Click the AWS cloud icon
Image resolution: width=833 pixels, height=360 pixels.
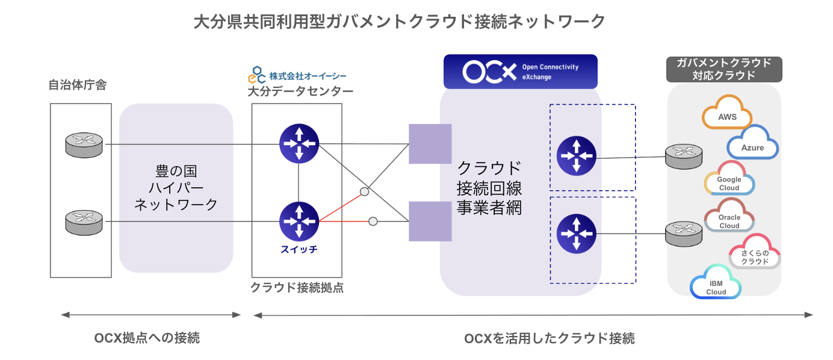pyautogui.click(x=727, y=113)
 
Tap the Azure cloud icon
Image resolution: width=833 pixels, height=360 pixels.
pyautogui.click(x=753, y=143)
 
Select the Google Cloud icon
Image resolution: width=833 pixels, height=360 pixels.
pyautogui.click(x=729, y=179)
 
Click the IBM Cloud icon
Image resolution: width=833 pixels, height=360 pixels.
pyautogui.click(x=716, y=283)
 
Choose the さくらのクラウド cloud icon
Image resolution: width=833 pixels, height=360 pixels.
pyautogui.click(x=755, y=252)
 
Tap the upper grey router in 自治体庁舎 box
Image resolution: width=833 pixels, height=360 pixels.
pyautogui.click(x=84, y=145)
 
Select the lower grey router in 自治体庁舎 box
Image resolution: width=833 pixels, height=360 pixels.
pyautogui.click(x=84, y=222)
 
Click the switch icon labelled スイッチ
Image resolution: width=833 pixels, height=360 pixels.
pyautogui.click(x=299, y=222)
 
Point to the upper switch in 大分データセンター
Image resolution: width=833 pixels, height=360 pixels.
pyautogui.click(x=299, y=143)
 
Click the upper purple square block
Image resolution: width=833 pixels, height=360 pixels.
pyautogui.click(x=430, y=144)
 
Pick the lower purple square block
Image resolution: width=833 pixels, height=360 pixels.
pyautogui.click(x=430, y=222)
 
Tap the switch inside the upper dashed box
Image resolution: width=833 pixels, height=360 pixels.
pyautogui.click(x=577, y=156)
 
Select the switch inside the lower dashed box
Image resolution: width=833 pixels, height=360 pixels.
pyautogui.click(x=577, y=234)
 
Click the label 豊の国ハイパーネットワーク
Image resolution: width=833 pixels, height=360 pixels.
pyautogui.click(x=176, y=188)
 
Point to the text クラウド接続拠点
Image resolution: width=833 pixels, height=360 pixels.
pyautogui.click(x=297, y=288)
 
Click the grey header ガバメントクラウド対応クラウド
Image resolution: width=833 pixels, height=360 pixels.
pyautogui.click(x=724, y=69)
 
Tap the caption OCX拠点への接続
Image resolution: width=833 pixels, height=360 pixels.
pyautogui.click(x=147, y=338)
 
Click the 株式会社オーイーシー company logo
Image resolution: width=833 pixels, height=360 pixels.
pyautogui.click(x=297, y=75)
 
